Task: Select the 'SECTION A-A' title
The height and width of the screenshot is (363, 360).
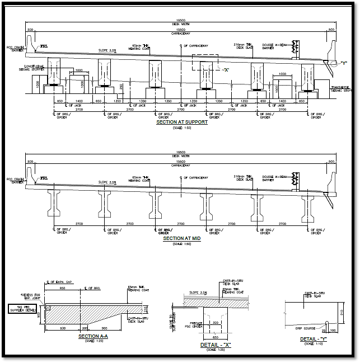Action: (93, 336)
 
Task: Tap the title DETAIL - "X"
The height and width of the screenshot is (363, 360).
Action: (216, 345)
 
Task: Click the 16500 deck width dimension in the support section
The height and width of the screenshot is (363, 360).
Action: (181, 21)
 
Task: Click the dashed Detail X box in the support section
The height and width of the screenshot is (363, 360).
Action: (205, 63)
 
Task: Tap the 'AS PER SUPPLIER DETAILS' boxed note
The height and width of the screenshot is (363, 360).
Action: (22, 308)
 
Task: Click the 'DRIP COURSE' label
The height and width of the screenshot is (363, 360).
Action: (306, 328)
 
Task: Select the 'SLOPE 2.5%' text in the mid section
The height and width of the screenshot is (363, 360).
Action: (107, 182)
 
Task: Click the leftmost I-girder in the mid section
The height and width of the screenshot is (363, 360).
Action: (55, 202)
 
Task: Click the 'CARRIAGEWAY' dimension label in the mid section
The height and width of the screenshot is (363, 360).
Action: (181, 165)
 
